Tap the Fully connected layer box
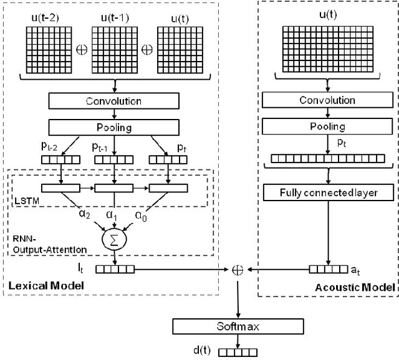(329, 193)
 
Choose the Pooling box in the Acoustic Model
(329, 126)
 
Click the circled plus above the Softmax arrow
(238, 270)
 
